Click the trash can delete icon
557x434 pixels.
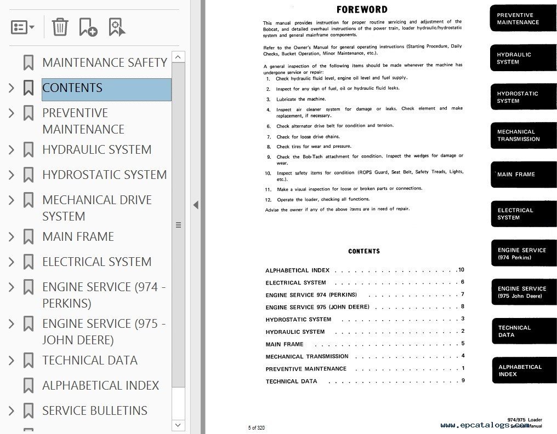[x=60, y=26]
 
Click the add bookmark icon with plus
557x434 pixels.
[x=88, y=26]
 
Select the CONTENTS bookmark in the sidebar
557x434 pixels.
[x=72, y=88]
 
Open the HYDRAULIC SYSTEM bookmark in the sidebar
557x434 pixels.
[x=96, y=150]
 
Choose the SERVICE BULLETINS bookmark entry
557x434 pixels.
[x=94, y=411]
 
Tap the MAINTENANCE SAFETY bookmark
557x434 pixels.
[x=104, y=63]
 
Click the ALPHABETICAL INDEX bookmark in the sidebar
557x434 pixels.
[x=100, y=386]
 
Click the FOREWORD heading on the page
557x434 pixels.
[x=362, y=10]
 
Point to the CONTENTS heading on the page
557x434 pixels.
[x=364, y=251]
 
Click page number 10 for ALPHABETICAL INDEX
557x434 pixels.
[x=461, y=270]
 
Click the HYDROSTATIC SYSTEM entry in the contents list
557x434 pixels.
[x=298, y=320]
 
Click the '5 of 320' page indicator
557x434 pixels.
[x=257, y=427]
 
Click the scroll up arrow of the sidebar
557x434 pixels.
[x=178, y=57]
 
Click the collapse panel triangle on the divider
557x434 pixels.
[x=196, y=205]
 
